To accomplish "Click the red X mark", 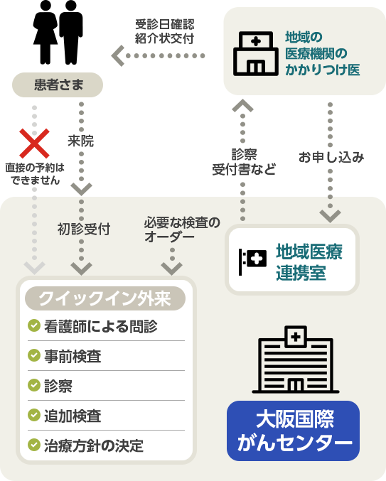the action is click(34, 144).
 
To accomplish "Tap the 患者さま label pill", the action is click(58, 85).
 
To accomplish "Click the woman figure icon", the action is click(45, 32).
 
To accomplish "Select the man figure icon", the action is click(71, 32).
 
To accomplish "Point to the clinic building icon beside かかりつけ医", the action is click(256, 53).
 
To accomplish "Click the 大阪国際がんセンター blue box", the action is click(293, 431).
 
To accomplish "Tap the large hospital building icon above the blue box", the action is click(296, 360).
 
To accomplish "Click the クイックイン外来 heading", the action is click(105, 298).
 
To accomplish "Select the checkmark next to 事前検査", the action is click(33, 355).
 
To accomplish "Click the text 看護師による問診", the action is click(101, 326).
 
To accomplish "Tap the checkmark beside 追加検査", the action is click(33, 415).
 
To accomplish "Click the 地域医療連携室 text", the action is click(309, 262).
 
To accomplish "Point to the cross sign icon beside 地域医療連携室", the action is click(252, 261).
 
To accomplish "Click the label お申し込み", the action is click(331, 157).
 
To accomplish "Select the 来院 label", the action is click(81, 141).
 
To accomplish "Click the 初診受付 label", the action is click(84, 229).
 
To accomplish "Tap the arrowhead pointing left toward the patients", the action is click(117, 56).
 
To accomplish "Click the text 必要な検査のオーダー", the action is click(182, 229).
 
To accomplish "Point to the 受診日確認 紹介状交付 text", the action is click(164, 31).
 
